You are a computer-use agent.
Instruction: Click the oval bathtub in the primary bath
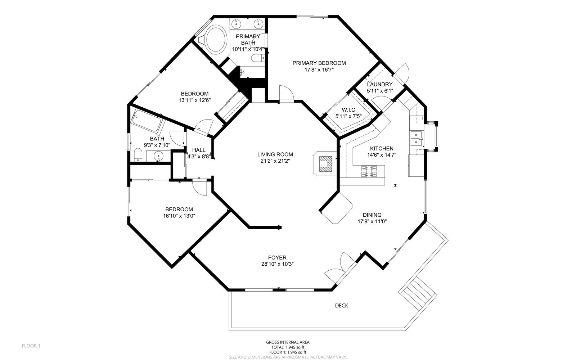pyautogui.click(x=216, y=39)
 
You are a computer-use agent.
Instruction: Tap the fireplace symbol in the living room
pyautogui.click(x=325, y=163)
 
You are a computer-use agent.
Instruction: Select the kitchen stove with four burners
pyautogui.click(x=369, y=171)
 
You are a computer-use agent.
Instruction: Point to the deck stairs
pyautogui.click(x=418, y=292)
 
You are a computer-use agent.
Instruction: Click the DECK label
pyautogui.click(x=342, y=306)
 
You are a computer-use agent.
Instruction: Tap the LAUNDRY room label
pyautogui.click(x=379, y=84)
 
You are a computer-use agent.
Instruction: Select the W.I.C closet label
pyautogui.click(x=348, y=110)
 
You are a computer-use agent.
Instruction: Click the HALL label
pyautogui.click(x=199, y=150)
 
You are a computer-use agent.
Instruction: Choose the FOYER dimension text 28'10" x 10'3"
pyautogui.click(x=277, y=264)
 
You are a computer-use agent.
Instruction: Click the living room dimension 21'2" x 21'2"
pyautogui.click(x=275, y=161)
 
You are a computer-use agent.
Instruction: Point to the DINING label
pyautogui.click(x=372, y=215)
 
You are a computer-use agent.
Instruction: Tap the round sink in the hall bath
pyautogui.click(x=158, y=156)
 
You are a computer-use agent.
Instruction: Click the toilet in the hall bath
pyautogui.click(x=138, y=155)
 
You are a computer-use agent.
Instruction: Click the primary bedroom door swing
pyautogui.click(x=287, y=94)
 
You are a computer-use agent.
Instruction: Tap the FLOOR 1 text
pyautogui.click(x=31, y=346)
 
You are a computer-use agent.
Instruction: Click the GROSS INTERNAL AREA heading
pyautogui.click(x=288, y=342)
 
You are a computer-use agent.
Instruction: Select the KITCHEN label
pyautogui.click(x=382, y=148)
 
